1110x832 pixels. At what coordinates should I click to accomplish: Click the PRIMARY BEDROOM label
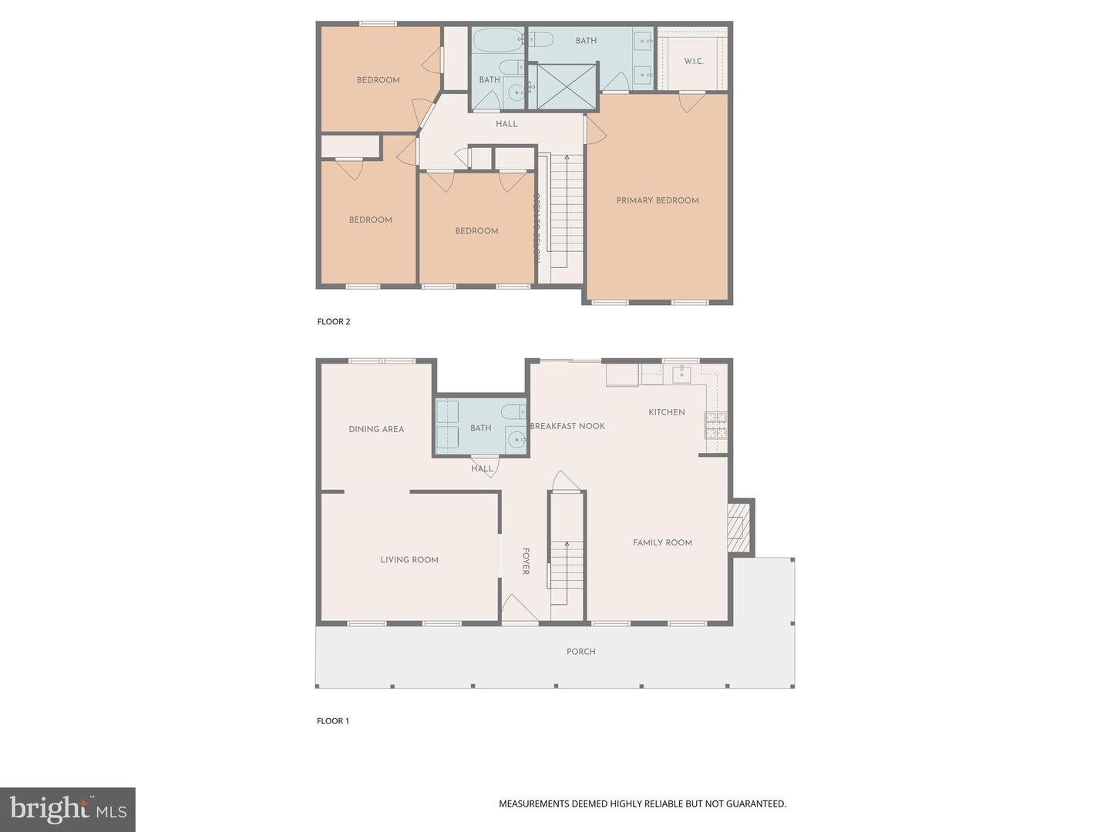click(x=658, y=200)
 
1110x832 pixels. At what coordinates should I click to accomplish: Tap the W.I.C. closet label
click(x=694, y=61)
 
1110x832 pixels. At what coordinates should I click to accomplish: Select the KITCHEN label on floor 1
click(x=667, y=412)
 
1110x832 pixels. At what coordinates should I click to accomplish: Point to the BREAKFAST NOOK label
click(x=568, y=426)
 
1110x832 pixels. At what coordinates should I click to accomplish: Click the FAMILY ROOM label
click(x=662, y=542)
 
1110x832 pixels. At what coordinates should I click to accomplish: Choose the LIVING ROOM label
click(x=409, y=560)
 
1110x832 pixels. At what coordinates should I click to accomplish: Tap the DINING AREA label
click(x=376, y=429)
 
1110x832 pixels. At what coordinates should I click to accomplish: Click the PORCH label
click(x=580, y=652)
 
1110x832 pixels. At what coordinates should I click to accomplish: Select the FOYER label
click(x=526, y=561)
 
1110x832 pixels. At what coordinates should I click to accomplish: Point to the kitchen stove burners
click(x=716, y=425)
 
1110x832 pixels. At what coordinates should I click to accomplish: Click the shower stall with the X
click(x=567, y=86)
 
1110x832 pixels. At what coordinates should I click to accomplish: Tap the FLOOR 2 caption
click(x=334, y=321)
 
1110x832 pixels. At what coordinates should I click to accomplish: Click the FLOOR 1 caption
click(x=333, y=721)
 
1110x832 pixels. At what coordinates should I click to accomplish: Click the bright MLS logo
click(x=68, y=809)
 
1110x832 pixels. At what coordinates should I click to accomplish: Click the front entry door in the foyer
click(x=519, y=610)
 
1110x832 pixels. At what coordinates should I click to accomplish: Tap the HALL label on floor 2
click(x=506, y=124)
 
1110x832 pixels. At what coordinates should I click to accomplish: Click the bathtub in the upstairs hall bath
click(x=498, y=40)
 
